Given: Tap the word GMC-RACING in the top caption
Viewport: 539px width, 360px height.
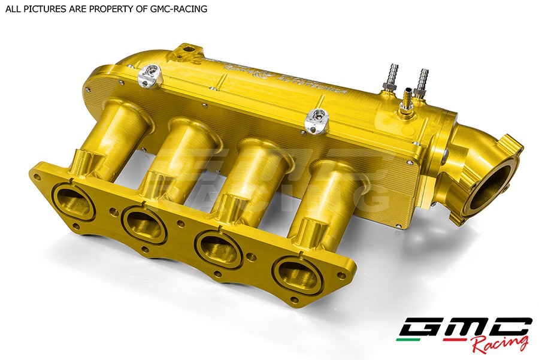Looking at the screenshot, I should tap(179, 9).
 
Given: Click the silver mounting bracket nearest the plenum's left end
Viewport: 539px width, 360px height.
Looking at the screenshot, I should tap(149, 76).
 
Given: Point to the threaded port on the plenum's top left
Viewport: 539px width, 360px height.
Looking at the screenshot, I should tap(189, 49).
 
